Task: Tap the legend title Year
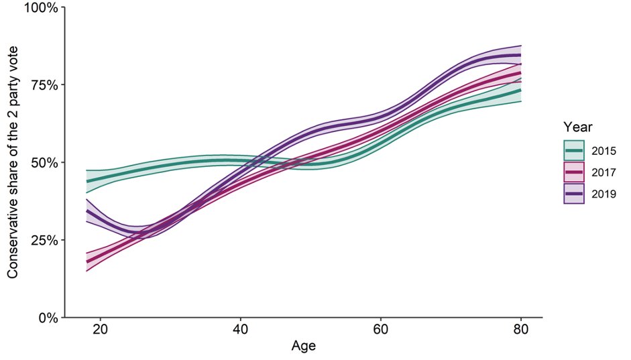click(x=576, y=126)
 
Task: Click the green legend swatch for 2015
click(x=574, y=150)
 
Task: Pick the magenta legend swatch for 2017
click(x=574, y=172)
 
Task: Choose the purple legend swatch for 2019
click(x=574, y=193)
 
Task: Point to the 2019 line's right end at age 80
click(x=520, y=55)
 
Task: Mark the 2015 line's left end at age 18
click(x=87, y=181)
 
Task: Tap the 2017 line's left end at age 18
click(x=87, y=261)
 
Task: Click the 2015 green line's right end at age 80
click(x=520, y=90)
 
